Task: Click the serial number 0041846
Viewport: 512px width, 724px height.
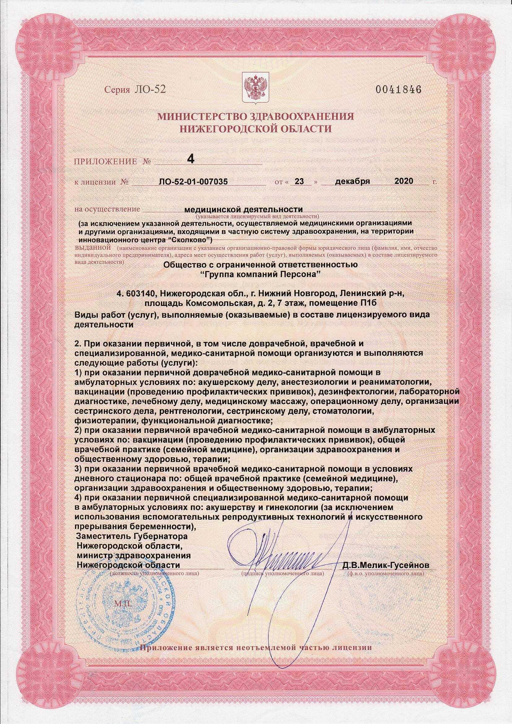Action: [x=398, y=89]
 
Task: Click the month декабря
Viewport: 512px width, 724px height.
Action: [x=352, y=182]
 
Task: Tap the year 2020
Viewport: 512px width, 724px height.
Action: [x=404, y=182]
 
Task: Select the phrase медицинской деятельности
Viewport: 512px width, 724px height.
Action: [x=243, y=209]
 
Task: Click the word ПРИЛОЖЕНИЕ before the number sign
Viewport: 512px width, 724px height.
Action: [x=105, y=162]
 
